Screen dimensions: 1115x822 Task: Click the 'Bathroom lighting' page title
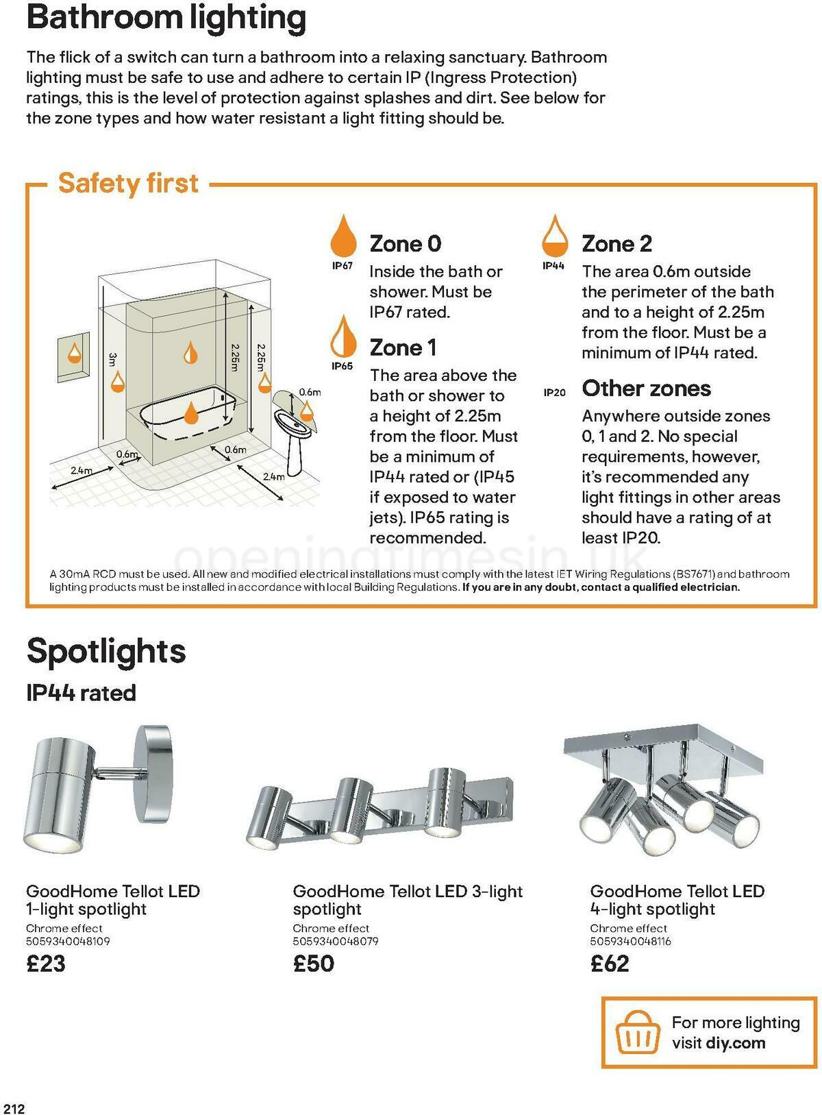166,18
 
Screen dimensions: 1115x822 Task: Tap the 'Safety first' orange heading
128,184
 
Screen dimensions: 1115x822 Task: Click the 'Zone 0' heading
406,243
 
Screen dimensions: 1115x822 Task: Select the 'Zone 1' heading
403,347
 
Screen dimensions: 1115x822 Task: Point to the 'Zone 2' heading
616,243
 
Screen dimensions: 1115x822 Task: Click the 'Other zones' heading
646,389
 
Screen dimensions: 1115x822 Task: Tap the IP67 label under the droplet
342,266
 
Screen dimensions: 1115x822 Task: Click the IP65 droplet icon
342,336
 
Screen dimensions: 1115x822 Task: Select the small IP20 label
554,393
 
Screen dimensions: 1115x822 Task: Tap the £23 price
46,964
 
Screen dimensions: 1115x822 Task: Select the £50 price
314,964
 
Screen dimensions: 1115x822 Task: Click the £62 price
610,964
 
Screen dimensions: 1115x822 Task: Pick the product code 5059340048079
336,942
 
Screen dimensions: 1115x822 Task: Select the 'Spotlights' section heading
106,651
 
